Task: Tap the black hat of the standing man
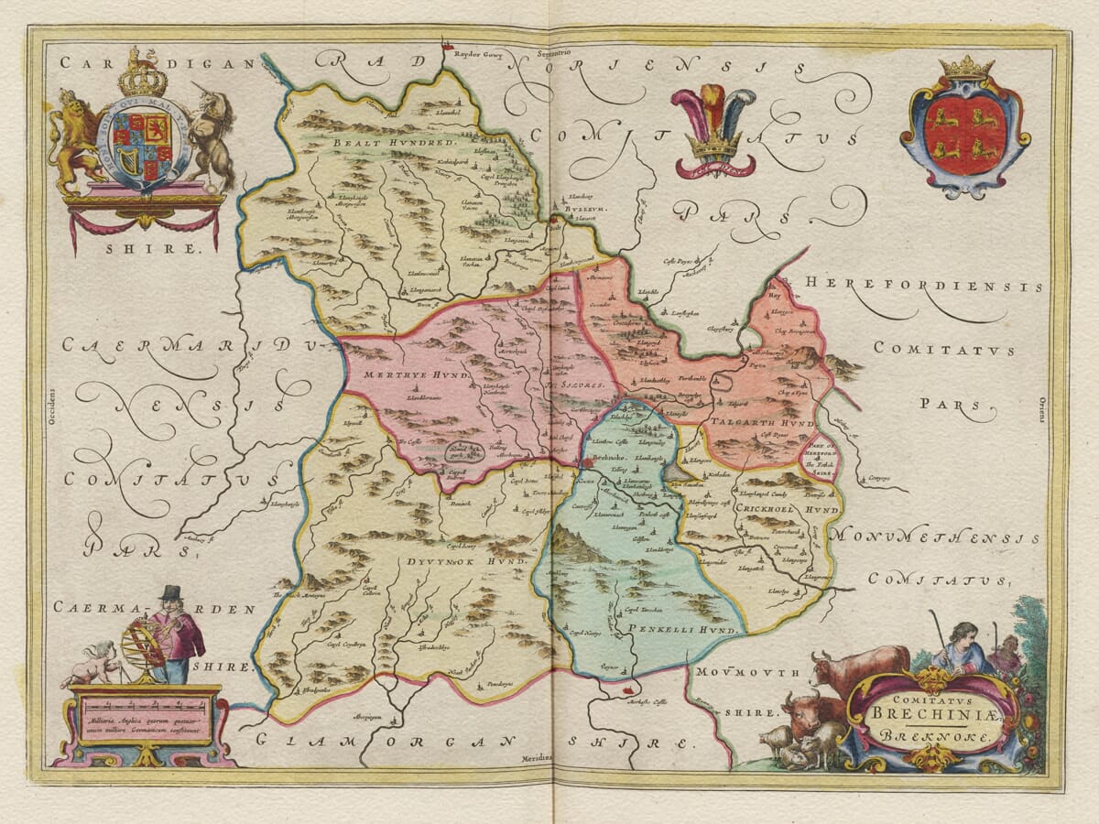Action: [170, 594]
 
